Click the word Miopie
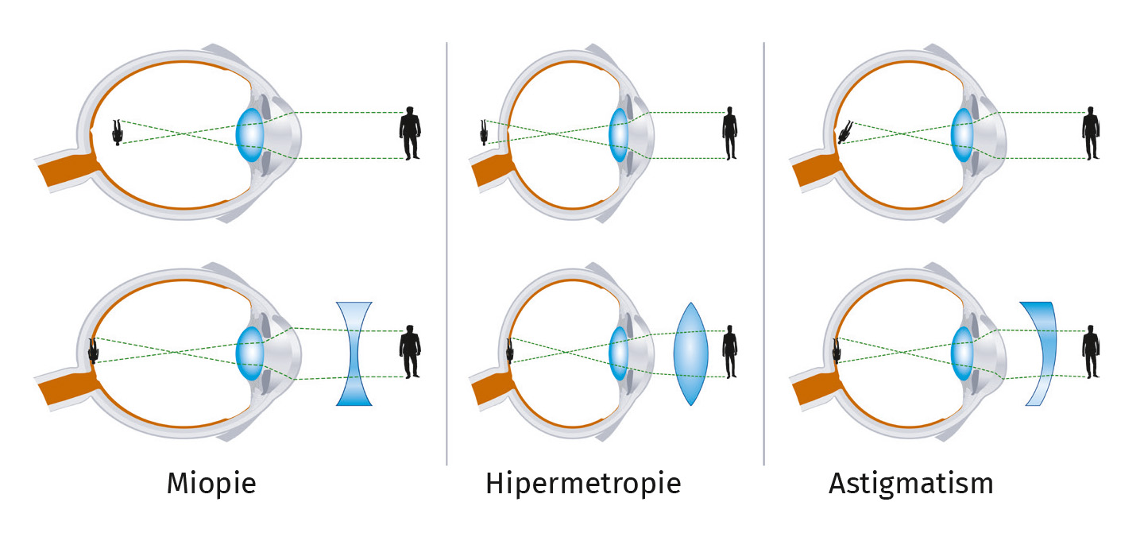(x=211, y=484)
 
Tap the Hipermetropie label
(x=583, y=484)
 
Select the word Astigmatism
(x=910, y=484)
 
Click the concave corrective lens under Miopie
(x=354, y=353)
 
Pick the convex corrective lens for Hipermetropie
(x=690, y=354)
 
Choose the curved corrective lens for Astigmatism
(x=1041, y=353)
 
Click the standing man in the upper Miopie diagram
(x=410, y=133)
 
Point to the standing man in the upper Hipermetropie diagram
(x=729, y=133)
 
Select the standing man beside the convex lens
(x=729, y=352)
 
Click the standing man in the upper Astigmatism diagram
(x=1092, y=133)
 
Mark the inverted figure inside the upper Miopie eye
(x=118, y=133)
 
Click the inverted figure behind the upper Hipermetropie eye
(x=484, y=132)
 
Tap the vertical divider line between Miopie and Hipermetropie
(x=446, y=254)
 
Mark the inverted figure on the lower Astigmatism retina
(x=837, y=350)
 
